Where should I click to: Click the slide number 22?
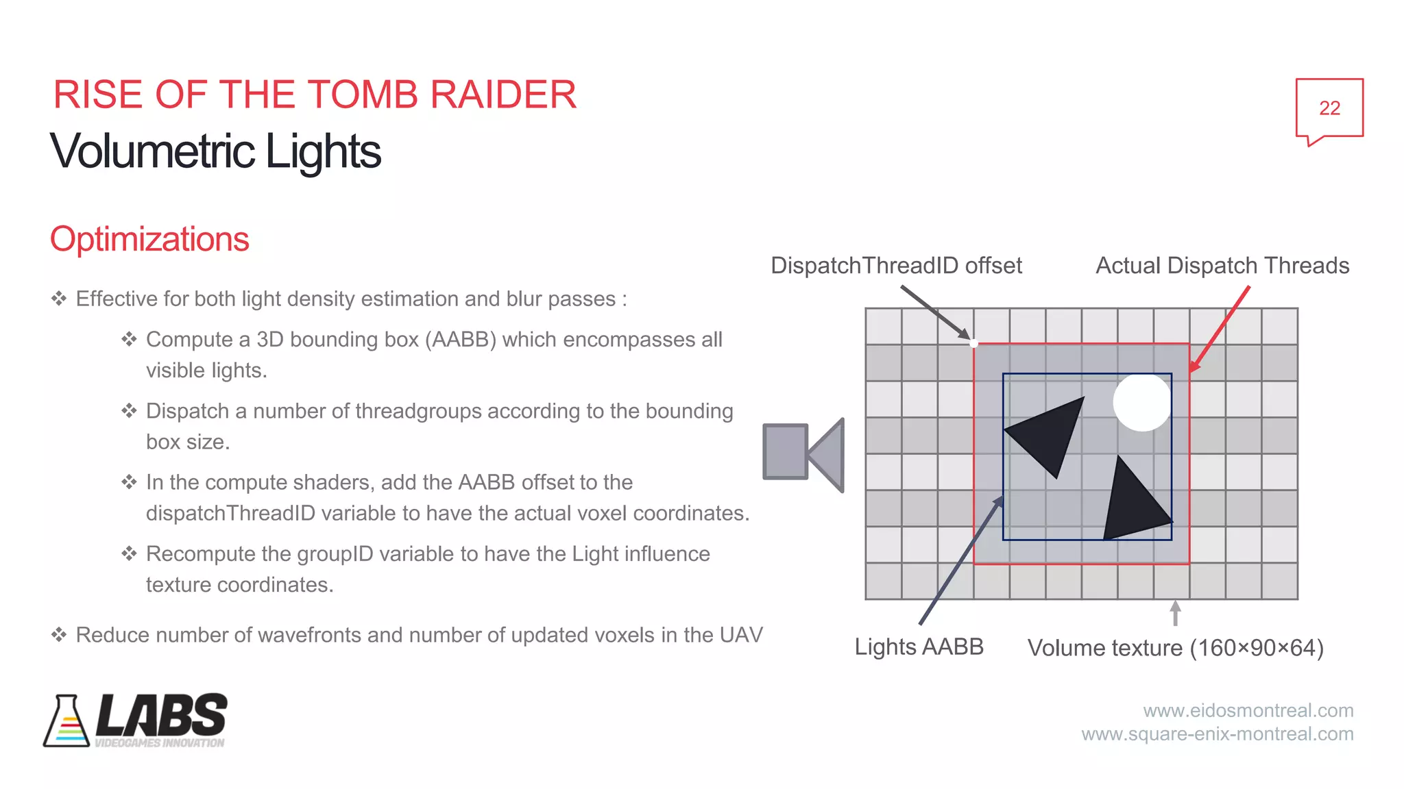point(1329,108)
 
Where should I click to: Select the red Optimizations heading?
point(149,239)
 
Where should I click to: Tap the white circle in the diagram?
point(1141,402)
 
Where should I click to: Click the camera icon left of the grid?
point(803,455)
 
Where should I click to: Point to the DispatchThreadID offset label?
point(896,266)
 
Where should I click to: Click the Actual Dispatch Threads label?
point(1222,266)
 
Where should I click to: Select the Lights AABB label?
point(919,647)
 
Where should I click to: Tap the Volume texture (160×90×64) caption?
point(1175,648)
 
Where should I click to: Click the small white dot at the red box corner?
point(973,343)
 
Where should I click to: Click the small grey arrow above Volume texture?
point(1175,612)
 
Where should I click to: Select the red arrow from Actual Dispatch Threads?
point(1220,329)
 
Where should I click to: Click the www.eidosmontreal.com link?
point(1248,710)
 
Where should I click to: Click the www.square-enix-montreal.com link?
point(1218,734)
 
